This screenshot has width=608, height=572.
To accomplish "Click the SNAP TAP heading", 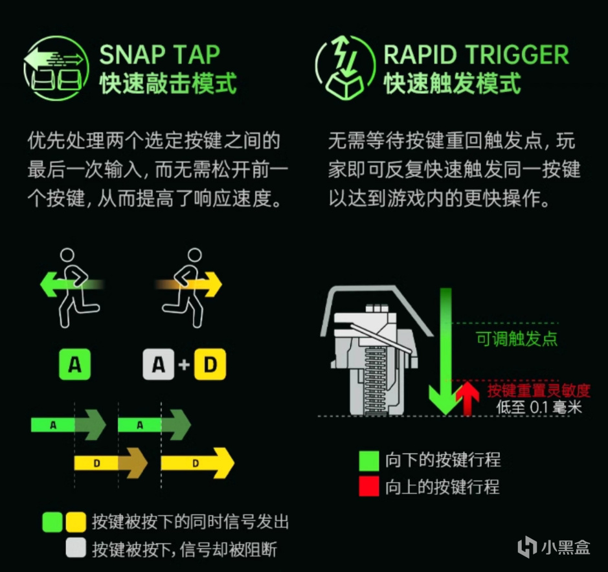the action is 160,54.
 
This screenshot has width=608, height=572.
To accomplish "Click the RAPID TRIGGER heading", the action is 476,54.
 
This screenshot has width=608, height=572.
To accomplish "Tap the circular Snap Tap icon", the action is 56,68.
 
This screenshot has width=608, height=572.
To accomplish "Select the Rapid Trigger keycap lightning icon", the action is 344,68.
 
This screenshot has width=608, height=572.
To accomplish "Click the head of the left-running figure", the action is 67,256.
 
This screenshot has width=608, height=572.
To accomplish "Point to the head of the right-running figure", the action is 195,256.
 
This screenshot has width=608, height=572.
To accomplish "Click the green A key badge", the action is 75,364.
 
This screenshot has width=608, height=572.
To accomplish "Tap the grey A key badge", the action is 159,364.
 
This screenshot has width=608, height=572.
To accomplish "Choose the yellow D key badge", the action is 210,364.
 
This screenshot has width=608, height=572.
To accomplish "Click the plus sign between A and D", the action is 184,365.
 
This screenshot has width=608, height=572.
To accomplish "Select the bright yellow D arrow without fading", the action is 197,463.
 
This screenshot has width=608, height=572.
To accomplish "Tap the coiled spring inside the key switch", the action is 375,379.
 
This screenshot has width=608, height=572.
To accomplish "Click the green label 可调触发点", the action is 517,339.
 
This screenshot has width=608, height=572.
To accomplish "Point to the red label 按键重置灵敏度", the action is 539,390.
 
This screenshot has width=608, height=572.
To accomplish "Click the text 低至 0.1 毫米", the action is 539,407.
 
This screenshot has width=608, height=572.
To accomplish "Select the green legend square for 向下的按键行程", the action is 369,461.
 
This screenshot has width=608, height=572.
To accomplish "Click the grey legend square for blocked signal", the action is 76,548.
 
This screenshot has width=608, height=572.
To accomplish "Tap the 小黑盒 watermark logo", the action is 554,547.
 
